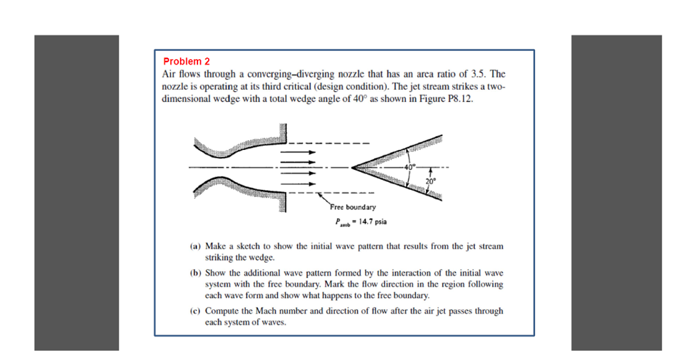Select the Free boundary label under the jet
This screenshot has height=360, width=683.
352,207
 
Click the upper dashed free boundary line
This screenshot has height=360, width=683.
327,143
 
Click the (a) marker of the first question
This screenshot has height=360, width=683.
195,247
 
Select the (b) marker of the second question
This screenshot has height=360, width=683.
195,273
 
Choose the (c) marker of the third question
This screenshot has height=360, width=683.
195,311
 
